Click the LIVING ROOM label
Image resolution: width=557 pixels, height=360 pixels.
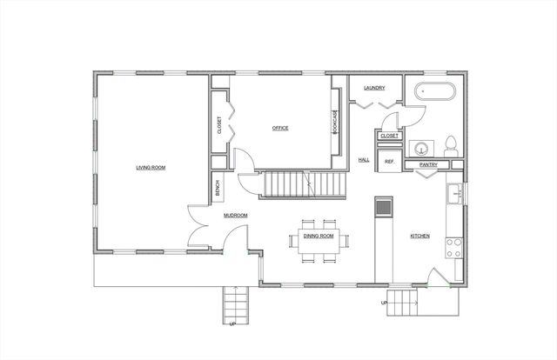pyautogui.click(x=151, y=167)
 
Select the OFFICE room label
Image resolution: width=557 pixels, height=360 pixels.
pyautogui.click(x=279, y=128)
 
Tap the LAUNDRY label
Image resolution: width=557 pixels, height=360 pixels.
pyautogui.click(x=375, y=88)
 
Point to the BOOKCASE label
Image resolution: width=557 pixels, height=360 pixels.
pyautogui.click(x=335, y=122)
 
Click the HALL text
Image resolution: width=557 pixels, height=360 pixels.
pyautogui.click(x=364, y=160)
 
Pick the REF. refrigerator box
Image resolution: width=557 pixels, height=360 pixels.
pyautogui.click(x=389, y=162)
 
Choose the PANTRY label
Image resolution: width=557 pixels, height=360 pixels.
pyautogui.click(x=428, y=163)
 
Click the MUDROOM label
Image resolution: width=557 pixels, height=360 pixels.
pyautogui.click(x=235, y=215)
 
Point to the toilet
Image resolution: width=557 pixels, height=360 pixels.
pyautogui.click(x=451, y=143)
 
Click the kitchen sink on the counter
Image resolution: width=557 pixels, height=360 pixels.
pyautogui.click(x=454, y=193)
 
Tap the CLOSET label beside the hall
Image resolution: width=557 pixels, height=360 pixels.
pyautogui.click(x=389, y=136)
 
